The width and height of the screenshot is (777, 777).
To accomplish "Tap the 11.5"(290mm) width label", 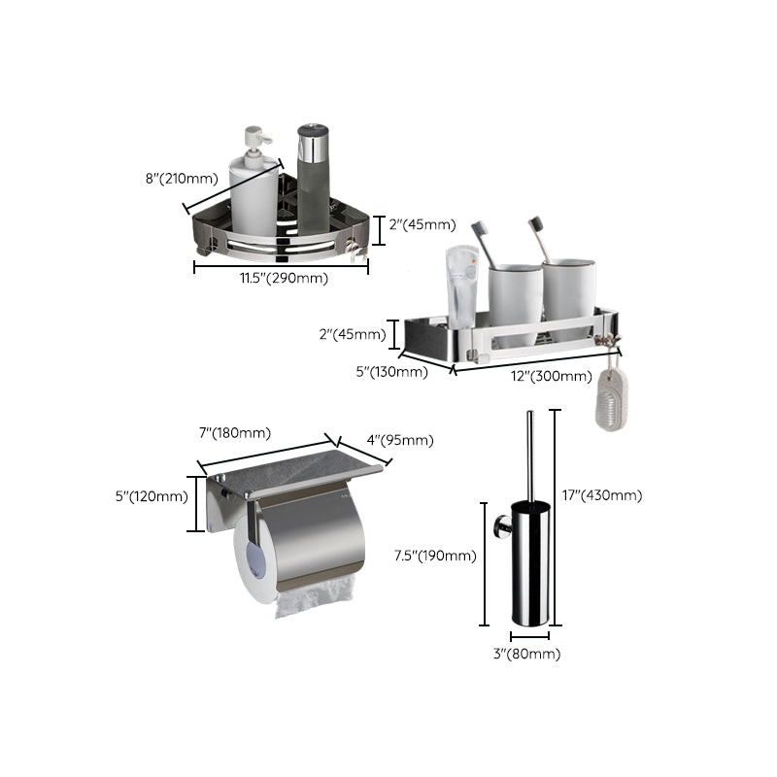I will (285, 280).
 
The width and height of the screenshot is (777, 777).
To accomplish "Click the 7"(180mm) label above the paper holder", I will (235, 433).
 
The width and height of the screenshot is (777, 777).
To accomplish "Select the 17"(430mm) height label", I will (602, 495).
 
